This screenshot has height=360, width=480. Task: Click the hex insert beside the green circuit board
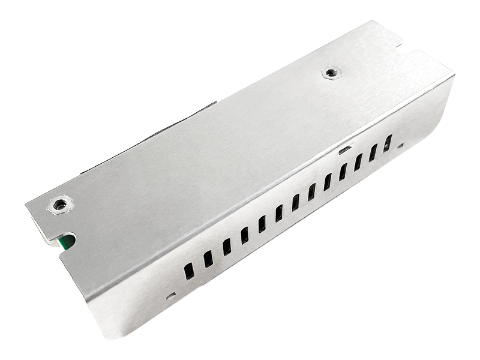59,204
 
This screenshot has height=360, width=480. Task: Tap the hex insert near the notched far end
328,73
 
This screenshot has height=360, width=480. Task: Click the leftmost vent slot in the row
188,271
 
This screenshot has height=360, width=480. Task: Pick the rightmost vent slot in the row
388,143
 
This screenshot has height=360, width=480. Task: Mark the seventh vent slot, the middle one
295,202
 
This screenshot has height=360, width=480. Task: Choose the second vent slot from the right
373,152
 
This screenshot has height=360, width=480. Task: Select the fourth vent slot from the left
245,235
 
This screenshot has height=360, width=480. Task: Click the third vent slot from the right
358,162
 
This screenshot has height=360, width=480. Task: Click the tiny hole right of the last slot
400,144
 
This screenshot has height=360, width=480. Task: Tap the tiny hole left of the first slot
170,295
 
